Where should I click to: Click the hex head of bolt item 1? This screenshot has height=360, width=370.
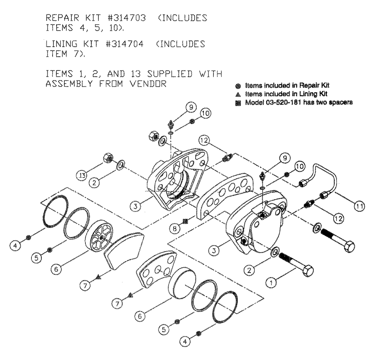pos(306,271)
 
